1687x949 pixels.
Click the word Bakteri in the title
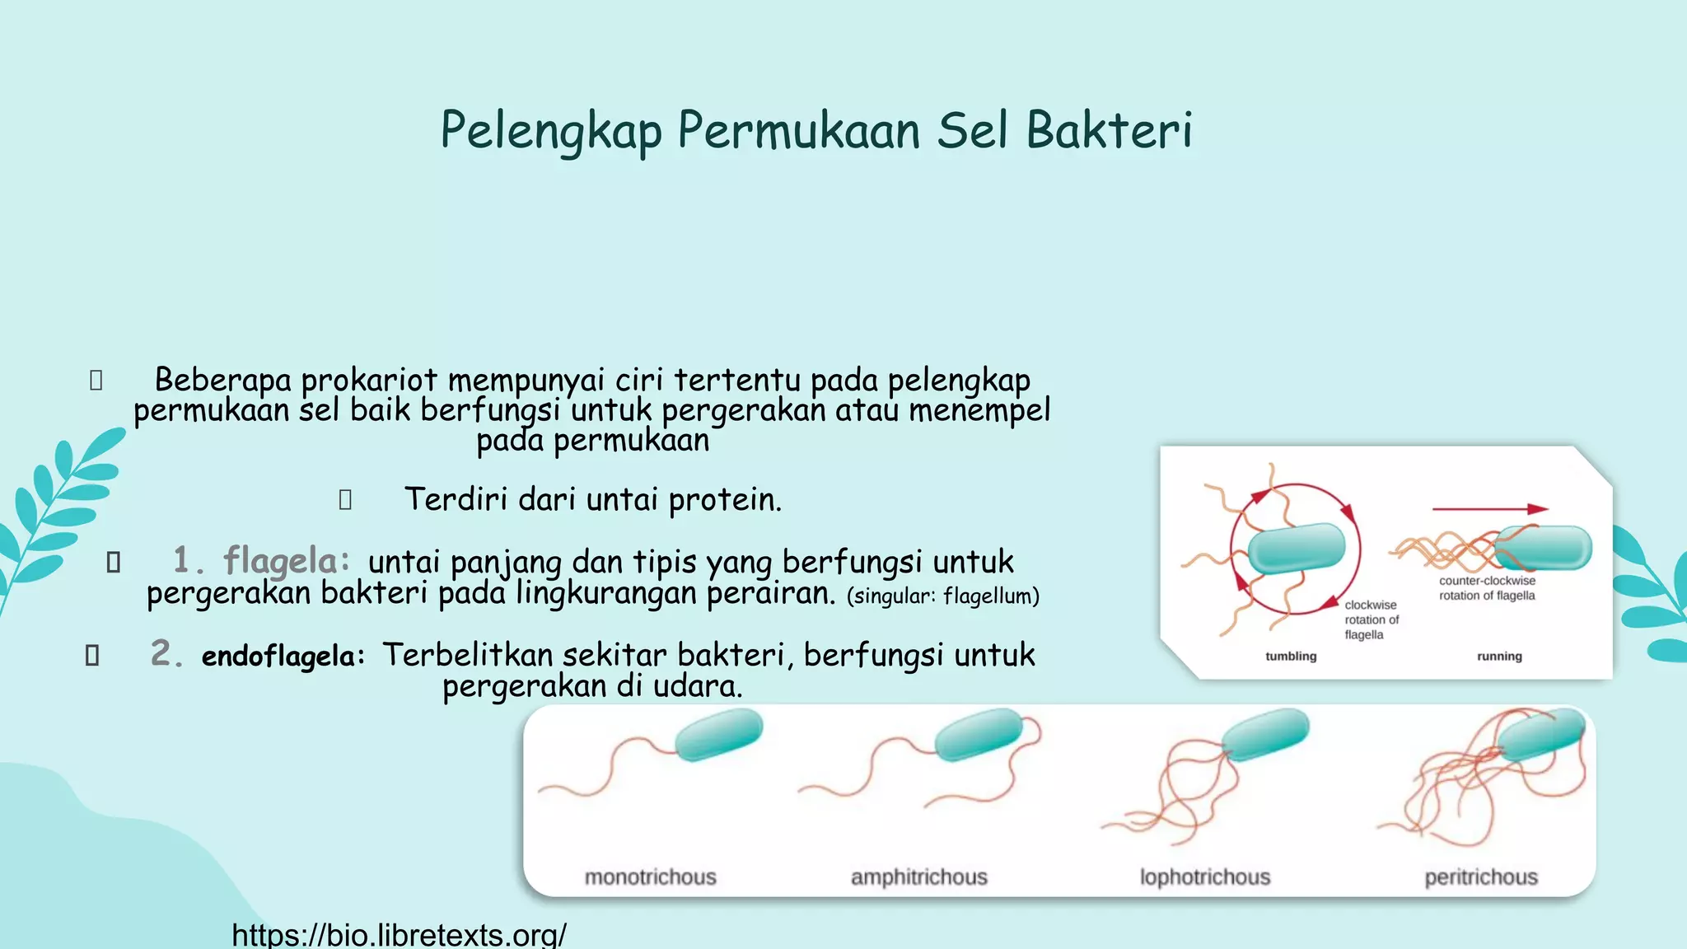click(1109, 130)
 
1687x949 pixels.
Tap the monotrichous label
click(650, 877)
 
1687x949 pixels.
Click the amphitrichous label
click(918, 877)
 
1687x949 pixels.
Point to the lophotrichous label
click(1204, 877)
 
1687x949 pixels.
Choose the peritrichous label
click(1481, 877)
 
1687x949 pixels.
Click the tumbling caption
click(1291, 657)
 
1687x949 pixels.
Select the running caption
click(1499, 657)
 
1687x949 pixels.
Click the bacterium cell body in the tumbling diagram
click(1297, 547)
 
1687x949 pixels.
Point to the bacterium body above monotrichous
click(718, 735)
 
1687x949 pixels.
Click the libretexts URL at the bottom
click(399, 935)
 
